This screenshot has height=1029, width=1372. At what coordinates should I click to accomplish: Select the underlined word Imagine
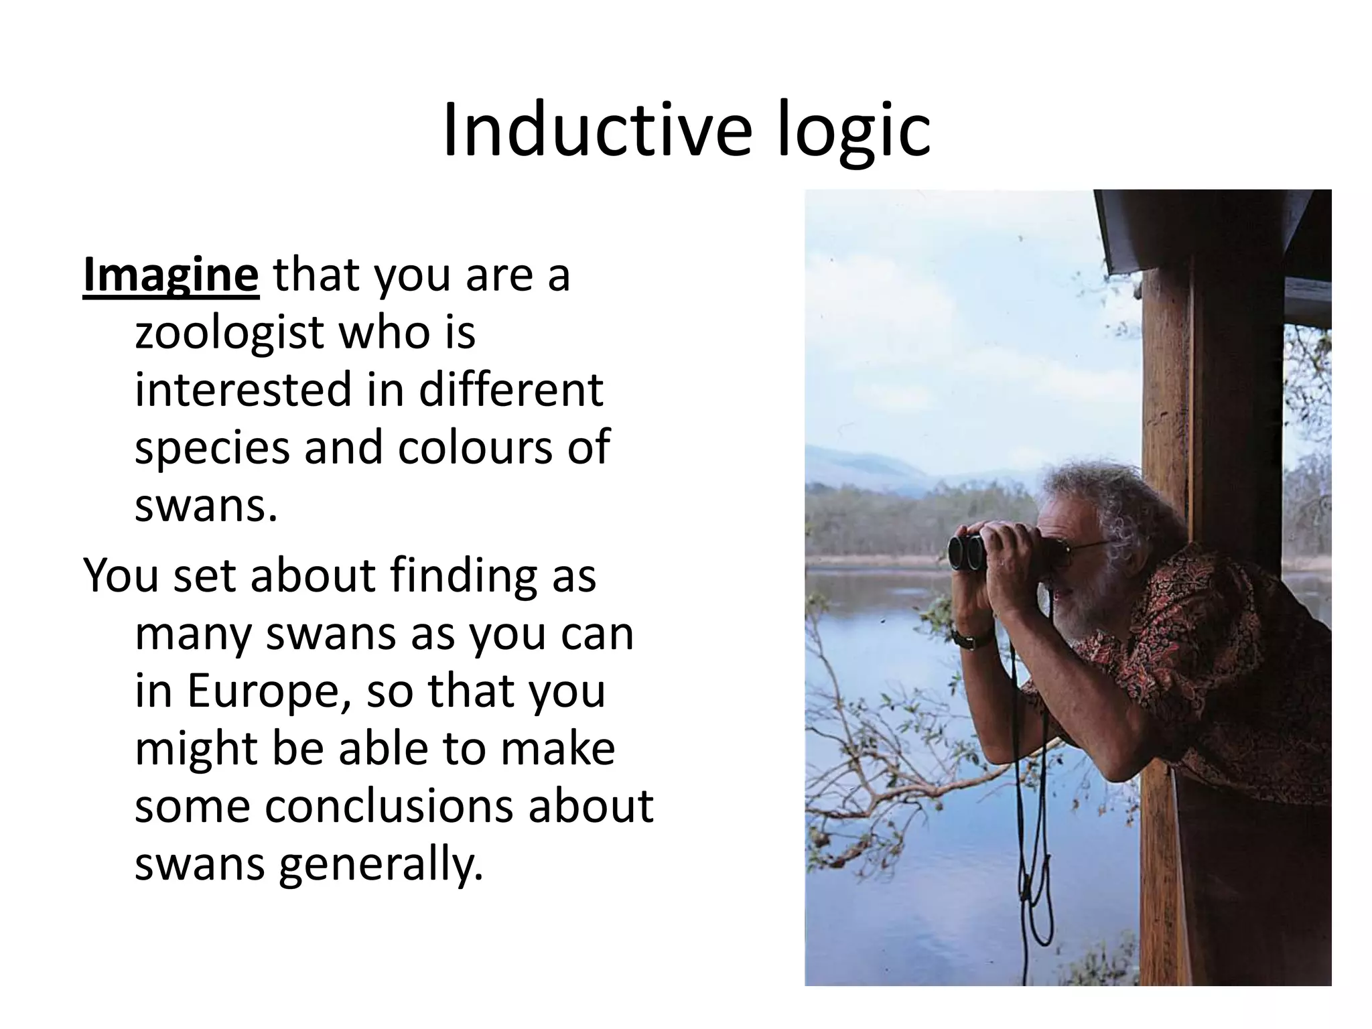(x=170, y=275)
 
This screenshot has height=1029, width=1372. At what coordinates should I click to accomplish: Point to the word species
(x=212, y=449)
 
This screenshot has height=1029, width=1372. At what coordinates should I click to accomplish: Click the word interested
(x=242, y=390)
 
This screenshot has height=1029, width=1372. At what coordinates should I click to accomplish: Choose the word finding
(x=466, y=575)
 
